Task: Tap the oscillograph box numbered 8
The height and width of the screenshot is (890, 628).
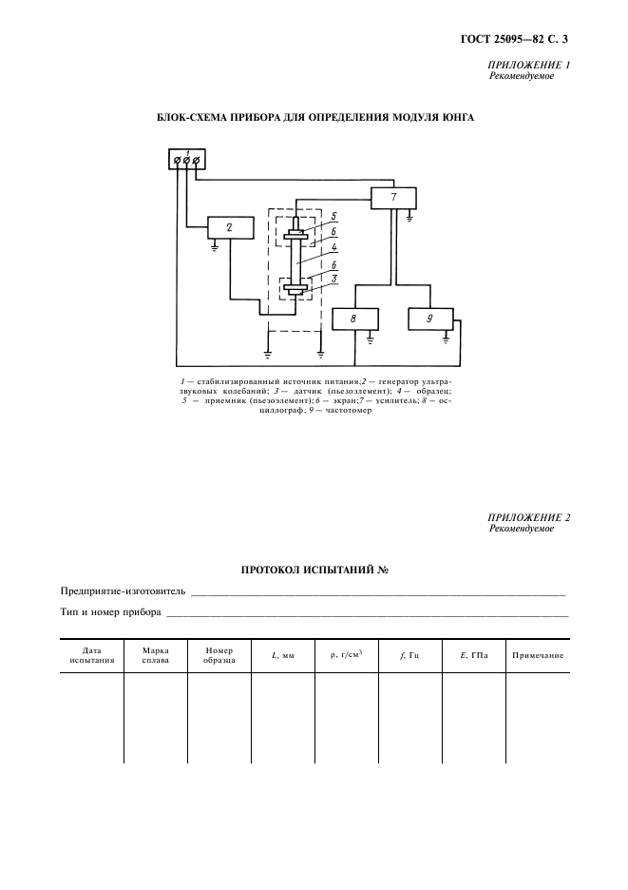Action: point(354,319)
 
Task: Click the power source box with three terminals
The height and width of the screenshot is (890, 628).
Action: point(186,159)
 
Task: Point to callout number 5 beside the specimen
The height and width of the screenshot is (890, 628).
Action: point(333,215)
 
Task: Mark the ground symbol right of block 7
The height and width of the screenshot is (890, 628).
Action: point(410,218)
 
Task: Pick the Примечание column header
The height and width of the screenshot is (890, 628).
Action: point(538,655)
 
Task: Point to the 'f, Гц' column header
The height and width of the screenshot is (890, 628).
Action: point(409,655)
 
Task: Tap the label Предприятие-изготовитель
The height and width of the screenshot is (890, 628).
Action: point(124,590)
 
